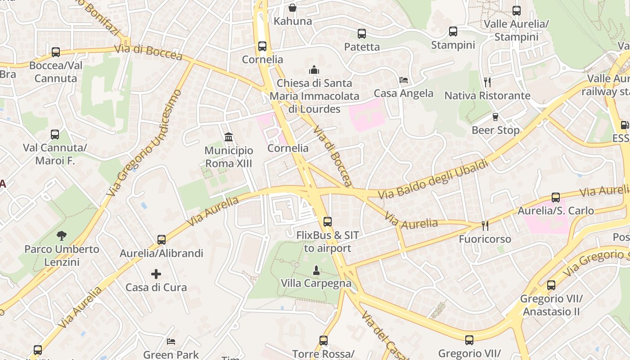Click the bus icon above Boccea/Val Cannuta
tap(56, 52)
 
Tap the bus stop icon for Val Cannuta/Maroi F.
tap(55, 135)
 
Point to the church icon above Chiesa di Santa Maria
tap(314, 70)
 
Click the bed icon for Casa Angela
tap(404, 80)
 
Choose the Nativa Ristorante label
tap(487, 96)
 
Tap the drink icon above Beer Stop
tap(495, 117)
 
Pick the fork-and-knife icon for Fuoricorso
tap(485, 225)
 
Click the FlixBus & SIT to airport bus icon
tap(328, 222)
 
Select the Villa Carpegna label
tap(316, 283)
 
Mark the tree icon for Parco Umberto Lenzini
tap(62, 235)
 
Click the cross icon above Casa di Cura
tap(156, 274)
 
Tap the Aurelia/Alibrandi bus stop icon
tap(162, 240)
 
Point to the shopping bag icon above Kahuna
tap(292, 8)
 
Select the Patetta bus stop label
tap(362, 47)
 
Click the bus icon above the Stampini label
tap(453, 32)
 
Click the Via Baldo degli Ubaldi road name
tap(433, 180)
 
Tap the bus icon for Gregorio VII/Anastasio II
tap(551, 285)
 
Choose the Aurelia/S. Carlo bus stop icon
tap(556, 198)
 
